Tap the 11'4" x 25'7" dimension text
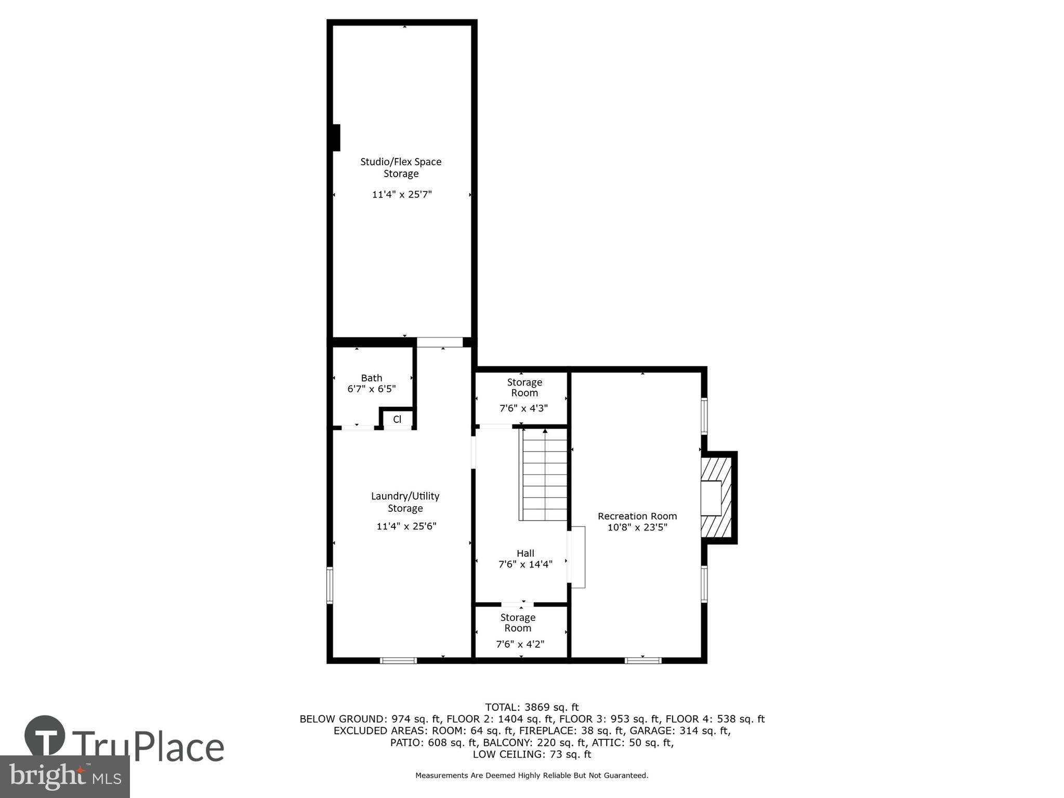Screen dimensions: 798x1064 pyautogui.click(x=402, y=195)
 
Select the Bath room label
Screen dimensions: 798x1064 pyautogui.click(x=372, y=378)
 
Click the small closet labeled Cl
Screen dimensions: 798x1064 pyautogui.click(x=397, y=419)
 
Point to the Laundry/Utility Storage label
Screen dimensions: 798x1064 pyautogui.click(x=405, y=502)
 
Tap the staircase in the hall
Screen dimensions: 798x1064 pyautogui.click(x=544, y=474)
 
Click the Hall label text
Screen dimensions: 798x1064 pyautogui.click(x=525, y=553)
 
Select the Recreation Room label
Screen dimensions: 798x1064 pyautogui.click(x=637, y=516)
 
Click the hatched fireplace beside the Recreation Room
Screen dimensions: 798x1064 pyautogui.click(x=717, y=498)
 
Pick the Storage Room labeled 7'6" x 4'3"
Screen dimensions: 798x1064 pyautogui.click(x=524, y=397)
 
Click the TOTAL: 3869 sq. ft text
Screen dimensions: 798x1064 pyautogui.click(x=531, y=707)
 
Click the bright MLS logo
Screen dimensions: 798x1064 pyautogui.click(x=65, y=776)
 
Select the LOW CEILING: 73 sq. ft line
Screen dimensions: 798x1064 pyautogui.click(x=531, y=754)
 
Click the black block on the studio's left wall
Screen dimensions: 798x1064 pyautogui.click(x=336, y=138)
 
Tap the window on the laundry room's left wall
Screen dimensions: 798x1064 pyautogui.click(x=330, y=586)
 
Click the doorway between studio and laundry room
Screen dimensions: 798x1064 pyautogui.click(x=439, y=342)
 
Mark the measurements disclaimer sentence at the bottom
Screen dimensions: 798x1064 pyautogui.click(x=531, y=775)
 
